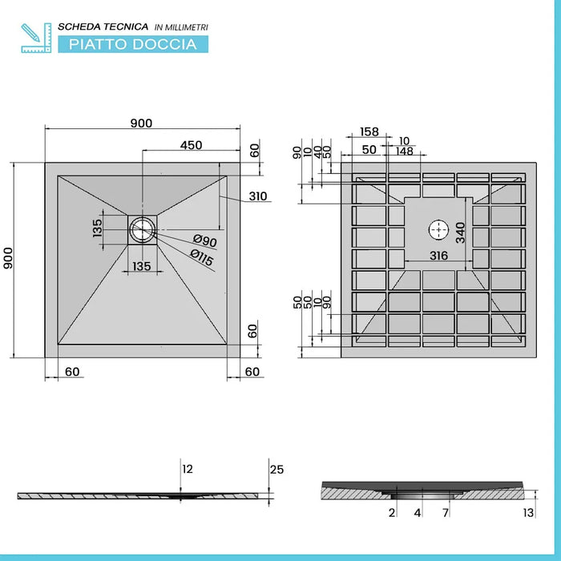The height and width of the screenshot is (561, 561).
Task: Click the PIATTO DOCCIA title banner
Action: [133, 43]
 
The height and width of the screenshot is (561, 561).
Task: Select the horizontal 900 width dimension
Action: [141, 123]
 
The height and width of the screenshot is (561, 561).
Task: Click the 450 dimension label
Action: [191, 145]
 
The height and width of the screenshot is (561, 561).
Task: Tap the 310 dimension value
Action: [257, 196]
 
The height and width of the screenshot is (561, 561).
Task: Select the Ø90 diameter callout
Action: [205, 241]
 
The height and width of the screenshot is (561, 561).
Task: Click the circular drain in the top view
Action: [143, 229]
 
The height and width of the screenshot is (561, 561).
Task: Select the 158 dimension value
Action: [369, 131]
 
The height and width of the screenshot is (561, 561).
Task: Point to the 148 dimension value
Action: [403, 151]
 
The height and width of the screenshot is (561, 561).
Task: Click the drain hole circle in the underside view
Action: [438, 230]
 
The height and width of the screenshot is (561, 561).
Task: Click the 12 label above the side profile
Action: [188, 469]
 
